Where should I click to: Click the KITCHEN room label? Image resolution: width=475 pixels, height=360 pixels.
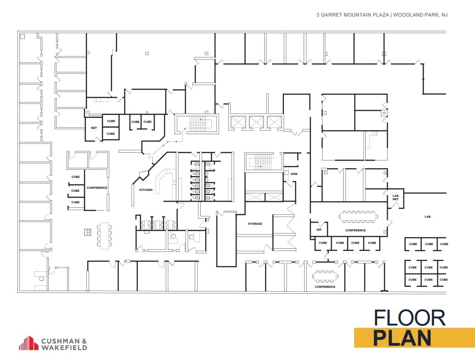tap(146, 190)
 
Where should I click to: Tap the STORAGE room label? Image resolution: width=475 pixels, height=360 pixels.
tap(255, 224)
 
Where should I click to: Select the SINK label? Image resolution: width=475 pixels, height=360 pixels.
tap(294, 174)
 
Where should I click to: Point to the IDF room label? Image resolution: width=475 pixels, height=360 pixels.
tap(319, 230)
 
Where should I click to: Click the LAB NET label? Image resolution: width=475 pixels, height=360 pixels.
tap(395, 197)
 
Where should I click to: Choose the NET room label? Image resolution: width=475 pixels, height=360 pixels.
tap(94, 128)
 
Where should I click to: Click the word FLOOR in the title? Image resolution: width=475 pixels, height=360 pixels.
tap(409, 318)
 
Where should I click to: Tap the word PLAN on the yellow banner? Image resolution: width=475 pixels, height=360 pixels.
tap(402, 338)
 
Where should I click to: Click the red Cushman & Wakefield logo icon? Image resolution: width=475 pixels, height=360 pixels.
tap(28, 343)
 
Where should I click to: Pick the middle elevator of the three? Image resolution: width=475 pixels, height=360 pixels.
tap(256, 122)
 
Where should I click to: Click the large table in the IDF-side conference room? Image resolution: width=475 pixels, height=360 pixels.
tap(358, 216)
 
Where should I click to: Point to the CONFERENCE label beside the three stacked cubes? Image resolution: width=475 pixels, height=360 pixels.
tap(97, 188)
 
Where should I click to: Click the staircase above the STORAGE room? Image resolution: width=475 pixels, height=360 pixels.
tap(263, 161)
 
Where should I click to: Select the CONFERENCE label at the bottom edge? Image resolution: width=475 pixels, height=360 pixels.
tap(325, 287)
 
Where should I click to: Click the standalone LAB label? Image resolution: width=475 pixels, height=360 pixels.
tap(428, 216)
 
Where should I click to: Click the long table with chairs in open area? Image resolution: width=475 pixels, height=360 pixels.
tap(104, 235)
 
